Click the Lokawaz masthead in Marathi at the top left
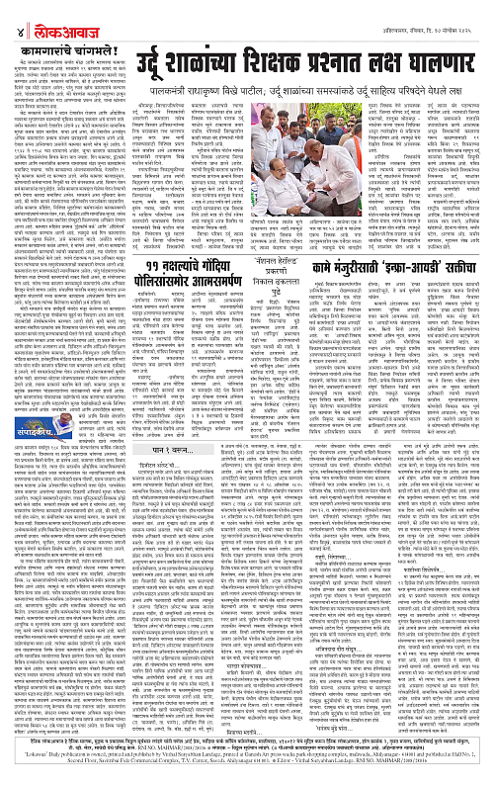click(x=60, y=13)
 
